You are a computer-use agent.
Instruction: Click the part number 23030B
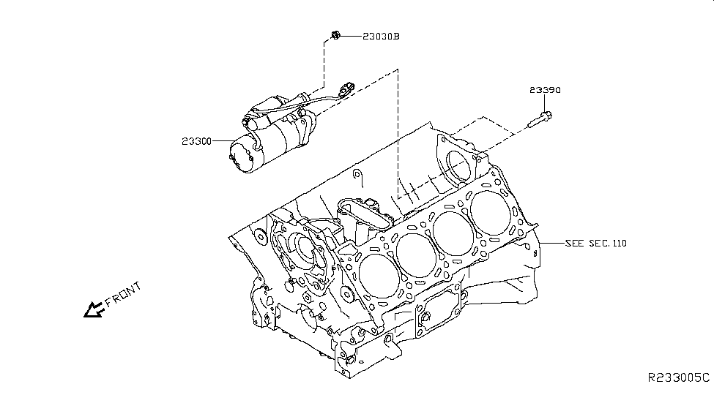click(x=380, y=37)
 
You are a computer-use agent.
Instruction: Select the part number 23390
click(x=546, y=91)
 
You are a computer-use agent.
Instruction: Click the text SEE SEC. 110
click(x=596, y=243)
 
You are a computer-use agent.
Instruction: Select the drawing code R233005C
click(x=678, y=377)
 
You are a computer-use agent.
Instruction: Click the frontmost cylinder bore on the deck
click(x=378, y=275)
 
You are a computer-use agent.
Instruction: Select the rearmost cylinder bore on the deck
click(x=491, y=212)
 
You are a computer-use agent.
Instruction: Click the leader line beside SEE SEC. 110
click(x=551, y=243)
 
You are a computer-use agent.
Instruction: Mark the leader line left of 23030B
click(x=349, y=36)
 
